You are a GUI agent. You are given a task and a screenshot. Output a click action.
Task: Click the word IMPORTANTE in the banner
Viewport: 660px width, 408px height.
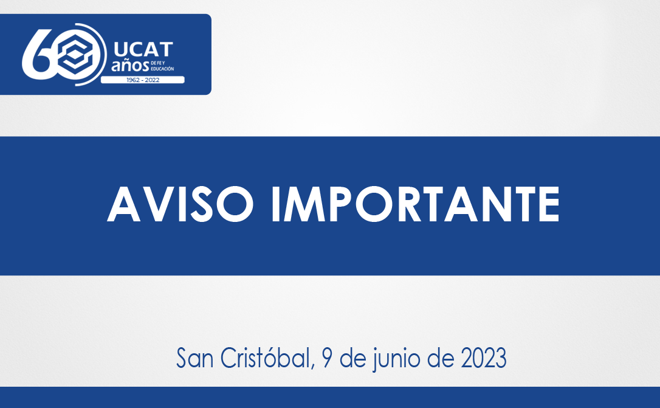pyautogui.click(x=415, y=206)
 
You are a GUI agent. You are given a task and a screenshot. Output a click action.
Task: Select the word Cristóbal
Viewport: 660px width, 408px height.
pyautogui.click(x=264, y=358)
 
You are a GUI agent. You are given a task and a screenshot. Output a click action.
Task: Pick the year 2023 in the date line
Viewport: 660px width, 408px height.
pyautogui.click(x=484, y=358)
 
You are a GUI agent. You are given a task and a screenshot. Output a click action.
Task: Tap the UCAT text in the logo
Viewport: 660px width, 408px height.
pyautogui.click(x=143, y=49)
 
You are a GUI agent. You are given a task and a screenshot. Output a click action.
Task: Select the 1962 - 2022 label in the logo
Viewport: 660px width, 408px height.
pyautogui.click(x=142, y=80)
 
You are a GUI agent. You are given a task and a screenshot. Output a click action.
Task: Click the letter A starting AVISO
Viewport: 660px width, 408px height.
pyautogui.click(x=125, y=206)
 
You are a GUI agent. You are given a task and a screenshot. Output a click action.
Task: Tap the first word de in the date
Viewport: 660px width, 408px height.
pyautogui.click(x=351, y=358)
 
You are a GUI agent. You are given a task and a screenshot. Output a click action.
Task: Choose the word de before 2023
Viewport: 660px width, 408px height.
pyautogui.click(x=436, y=358)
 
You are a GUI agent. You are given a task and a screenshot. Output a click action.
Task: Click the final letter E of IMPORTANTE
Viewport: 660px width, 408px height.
pyautogui.click(x=548, y=206)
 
